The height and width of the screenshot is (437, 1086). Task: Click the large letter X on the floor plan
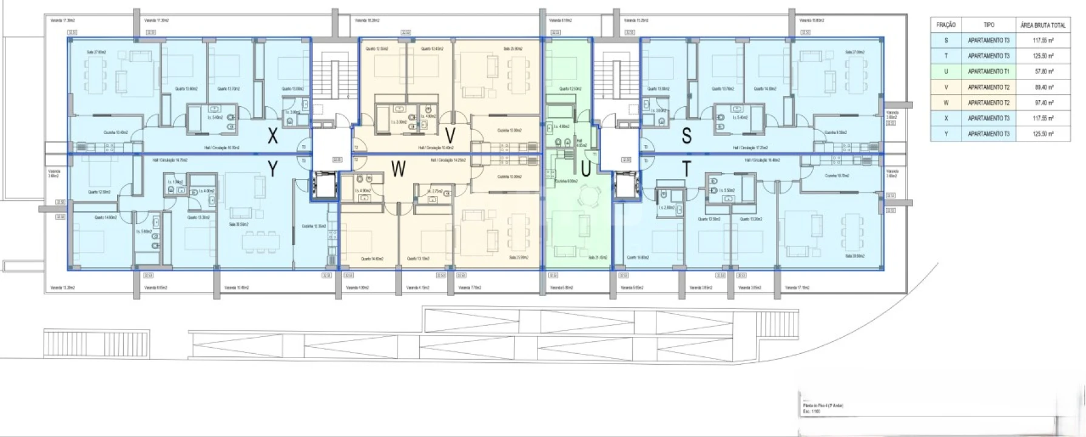[273, 137]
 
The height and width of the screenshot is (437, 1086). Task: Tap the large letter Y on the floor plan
[273, 169]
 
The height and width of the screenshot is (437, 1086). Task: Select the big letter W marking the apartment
[398, 169]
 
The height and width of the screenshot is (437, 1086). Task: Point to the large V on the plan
[450, 135]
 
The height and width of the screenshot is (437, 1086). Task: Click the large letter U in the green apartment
[585, 170]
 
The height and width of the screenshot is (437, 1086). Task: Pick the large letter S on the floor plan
[686, 136]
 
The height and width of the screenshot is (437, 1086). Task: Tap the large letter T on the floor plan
[686, 170]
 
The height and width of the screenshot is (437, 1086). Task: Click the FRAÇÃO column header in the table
[946, 25]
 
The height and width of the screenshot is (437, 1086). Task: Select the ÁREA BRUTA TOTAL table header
[1043, 25]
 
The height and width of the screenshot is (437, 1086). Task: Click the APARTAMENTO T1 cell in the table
[988, 72]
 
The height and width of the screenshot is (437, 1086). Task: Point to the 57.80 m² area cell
[1043, 72]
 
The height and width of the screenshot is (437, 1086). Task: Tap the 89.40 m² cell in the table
[1043, 87]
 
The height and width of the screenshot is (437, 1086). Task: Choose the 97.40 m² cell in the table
[1043, 103]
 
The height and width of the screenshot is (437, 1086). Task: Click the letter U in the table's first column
[946, 72]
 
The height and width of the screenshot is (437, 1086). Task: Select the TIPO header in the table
[988, 25]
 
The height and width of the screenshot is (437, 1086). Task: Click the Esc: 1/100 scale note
[811, 412]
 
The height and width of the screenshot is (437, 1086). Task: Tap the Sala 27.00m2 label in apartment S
[854, 52]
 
